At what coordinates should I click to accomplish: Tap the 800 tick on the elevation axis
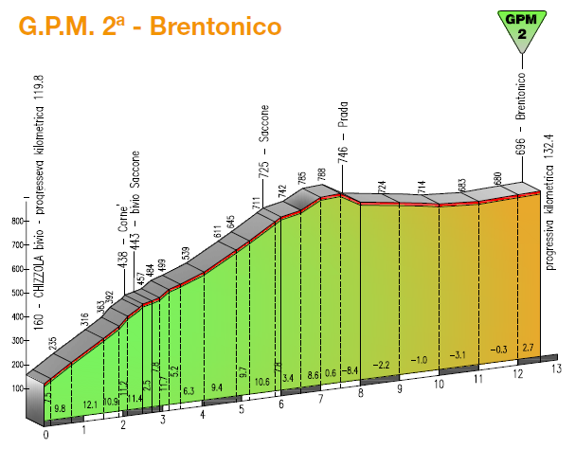pos(16,221)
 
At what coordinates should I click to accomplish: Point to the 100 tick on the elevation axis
pos(16,387)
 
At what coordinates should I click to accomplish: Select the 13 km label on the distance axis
pos(558,368)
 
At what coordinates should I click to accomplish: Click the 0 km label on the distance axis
pos(45,438)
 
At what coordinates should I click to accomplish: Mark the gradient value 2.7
pos(529,349)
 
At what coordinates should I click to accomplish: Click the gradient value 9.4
pos(217,387)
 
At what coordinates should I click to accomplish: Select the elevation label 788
pos(322,175)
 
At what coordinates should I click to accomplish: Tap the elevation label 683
pos(462,184)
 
